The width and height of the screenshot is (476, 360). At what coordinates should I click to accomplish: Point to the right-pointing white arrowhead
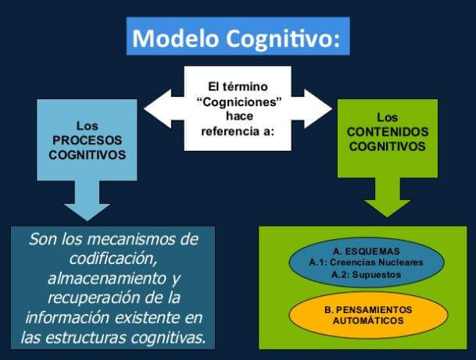[x=320, y=107]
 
